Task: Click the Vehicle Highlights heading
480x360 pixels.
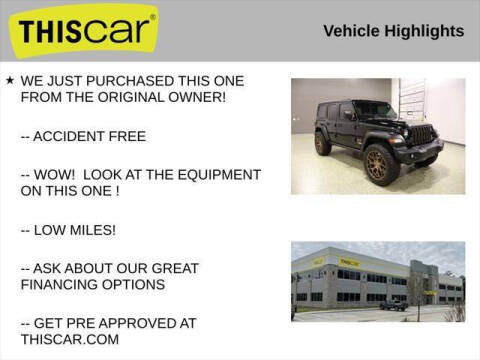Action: click(x=393, y=31)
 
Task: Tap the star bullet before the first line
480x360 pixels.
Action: click(x=10, y=79)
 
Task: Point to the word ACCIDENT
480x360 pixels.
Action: click(x=72, y=136)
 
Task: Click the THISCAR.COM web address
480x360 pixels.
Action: click(x=70, y=340)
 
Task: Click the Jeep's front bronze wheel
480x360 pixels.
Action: click(x=382, y=164)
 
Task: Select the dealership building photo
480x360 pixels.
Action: click(x=377, y=281)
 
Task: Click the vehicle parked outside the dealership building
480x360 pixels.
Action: click(x=393, y=305)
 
